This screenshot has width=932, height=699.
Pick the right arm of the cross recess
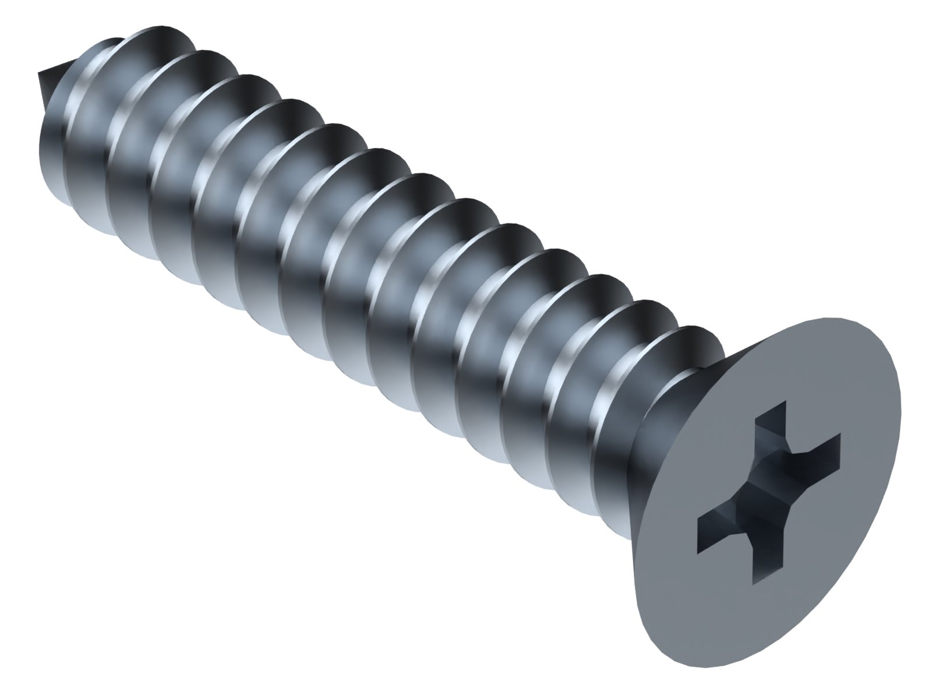(x=818, y=451)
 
